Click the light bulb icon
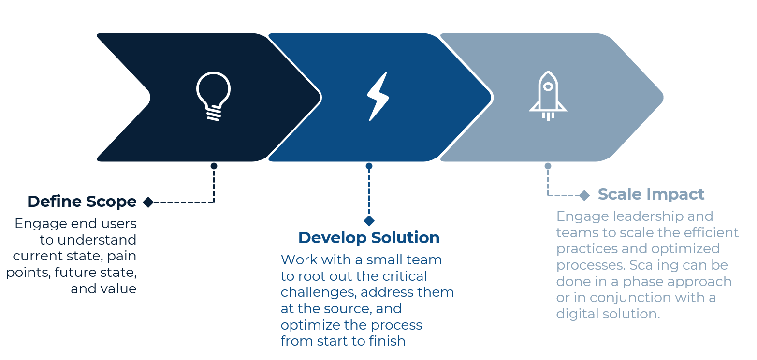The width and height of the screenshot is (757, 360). [x=214, y=96]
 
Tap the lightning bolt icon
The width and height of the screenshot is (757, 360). [x=378, y=96]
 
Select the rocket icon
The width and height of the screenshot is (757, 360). [x=548, y=96]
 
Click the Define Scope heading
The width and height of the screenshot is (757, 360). [x=82, y=202]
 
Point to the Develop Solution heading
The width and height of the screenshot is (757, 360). [x=369, y=238]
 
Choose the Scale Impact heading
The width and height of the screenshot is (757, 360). [x=651, y=195]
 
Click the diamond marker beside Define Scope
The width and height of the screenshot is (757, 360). [x=148, y=202]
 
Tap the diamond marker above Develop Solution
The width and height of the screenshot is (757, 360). [x=369, y=221]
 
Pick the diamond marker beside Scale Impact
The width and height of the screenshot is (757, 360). [x=584, y=195]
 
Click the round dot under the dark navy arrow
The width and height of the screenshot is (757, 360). [x=214, y=166]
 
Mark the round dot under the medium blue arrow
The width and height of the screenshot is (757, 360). [x=369, y=166]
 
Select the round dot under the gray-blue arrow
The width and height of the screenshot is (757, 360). [x=548, y=166]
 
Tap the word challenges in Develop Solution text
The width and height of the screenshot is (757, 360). [x=319, y=293]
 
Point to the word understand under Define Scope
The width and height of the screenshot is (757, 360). [x=97, y=240]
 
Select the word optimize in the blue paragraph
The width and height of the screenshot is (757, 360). [x=309, y=326]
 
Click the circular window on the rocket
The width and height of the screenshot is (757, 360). [x=548, y=86]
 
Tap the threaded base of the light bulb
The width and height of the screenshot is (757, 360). [x=214, y=113]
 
